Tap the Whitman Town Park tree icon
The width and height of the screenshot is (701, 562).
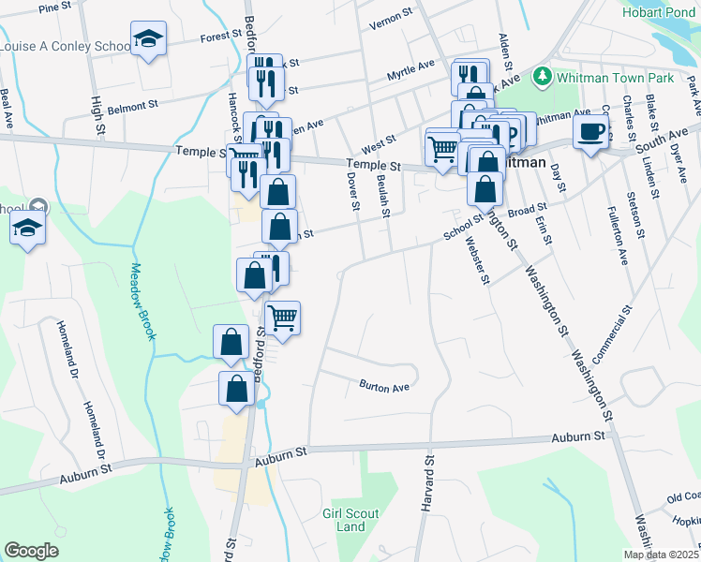[x=541, y=75]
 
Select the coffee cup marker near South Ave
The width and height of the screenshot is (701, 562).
[x=590, y=132]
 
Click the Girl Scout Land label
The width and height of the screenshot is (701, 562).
[x=344, y=520]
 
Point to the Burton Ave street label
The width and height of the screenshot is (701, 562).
[x=384, y=386]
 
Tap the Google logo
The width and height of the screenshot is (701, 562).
[x=31, y=551]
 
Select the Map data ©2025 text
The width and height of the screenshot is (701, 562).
[x=661, y=555]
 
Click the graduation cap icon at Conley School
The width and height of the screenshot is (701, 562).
[x=147, y=38]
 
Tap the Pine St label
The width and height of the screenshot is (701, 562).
[x=56, y=7]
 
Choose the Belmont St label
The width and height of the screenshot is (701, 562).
[x=129, y=109]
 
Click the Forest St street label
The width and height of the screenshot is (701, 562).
[x=221, y=38]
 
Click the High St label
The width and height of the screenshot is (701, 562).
[x=97, y=112]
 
